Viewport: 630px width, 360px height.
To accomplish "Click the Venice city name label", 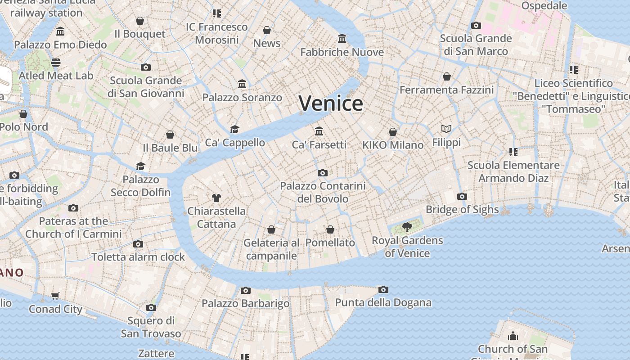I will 331,103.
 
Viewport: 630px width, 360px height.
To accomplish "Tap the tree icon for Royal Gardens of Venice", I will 407,227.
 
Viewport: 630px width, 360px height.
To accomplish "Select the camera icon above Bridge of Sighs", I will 462,196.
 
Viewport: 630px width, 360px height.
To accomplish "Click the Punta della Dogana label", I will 383,303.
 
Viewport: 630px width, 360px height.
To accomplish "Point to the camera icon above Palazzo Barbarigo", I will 245,290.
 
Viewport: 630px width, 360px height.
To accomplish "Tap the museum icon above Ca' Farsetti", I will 319,131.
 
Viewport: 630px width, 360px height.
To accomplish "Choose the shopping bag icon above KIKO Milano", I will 393,132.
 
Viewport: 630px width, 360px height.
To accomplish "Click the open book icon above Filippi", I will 446,129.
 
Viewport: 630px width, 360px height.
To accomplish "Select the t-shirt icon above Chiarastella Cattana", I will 216,198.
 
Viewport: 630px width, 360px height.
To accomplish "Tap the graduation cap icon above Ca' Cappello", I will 234,130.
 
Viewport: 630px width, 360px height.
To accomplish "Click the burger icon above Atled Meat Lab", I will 56,62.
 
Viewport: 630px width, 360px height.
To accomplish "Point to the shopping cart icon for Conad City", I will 55,296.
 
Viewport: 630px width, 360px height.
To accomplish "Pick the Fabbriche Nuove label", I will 342,52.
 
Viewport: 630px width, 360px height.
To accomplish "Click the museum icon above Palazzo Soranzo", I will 242,84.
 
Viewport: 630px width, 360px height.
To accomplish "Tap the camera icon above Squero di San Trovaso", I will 151,307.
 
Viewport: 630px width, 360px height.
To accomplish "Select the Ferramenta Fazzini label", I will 446,90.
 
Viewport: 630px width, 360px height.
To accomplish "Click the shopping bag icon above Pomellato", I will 330,229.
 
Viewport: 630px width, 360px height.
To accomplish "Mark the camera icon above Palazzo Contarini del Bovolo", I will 322,173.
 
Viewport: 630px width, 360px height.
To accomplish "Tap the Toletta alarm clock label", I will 138,257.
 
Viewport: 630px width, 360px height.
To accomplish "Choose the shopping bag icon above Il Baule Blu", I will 170,135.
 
